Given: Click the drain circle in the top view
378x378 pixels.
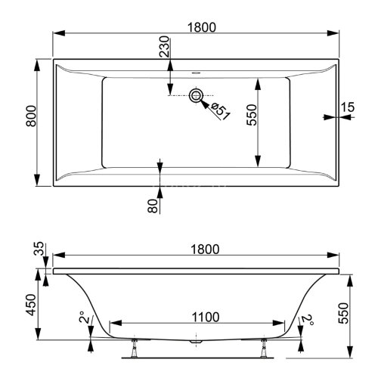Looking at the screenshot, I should click(x=197, y=95).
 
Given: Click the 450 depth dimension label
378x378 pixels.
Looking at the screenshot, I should click(x=29, y=307).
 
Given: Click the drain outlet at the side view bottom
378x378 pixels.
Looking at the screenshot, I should click(x=197, y=342).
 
